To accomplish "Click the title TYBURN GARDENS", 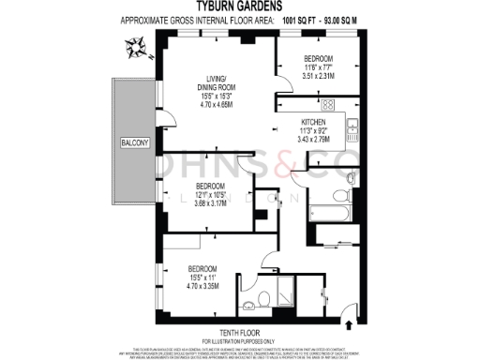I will click(239, 6).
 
